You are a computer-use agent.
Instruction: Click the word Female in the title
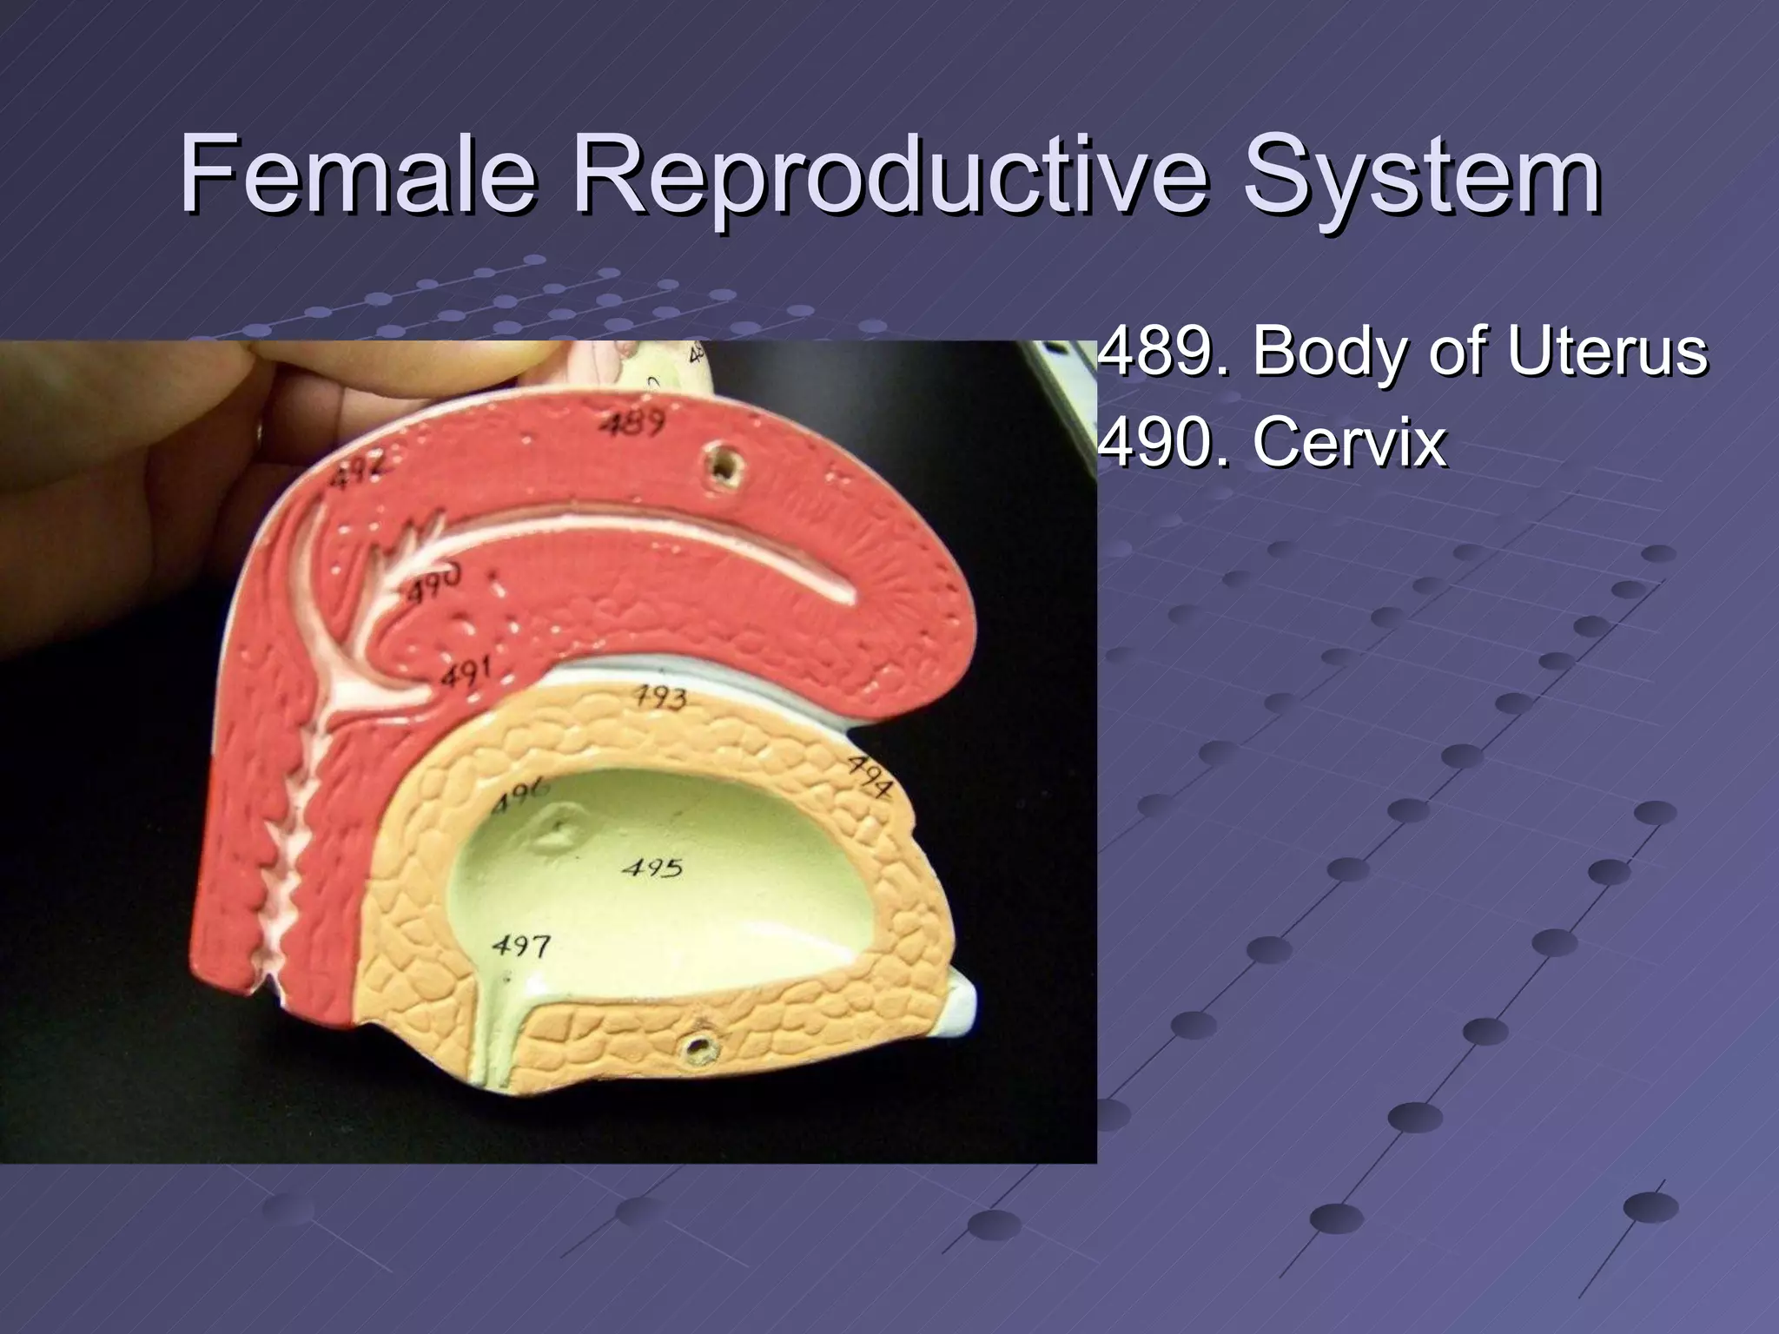[x=356, y=176]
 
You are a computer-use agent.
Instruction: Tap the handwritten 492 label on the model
[x=354, y=468]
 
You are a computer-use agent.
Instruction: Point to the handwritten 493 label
[x=658, y=697]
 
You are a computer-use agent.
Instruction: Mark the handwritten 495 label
[x=652, y=867]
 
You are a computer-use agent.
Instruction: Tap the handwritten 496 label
[x=519, y=795]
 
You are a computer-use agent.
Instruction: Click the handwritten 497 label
[x=520, y=945]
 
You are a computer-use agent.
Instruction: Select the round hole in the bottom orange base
[x=697, y=1048]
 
